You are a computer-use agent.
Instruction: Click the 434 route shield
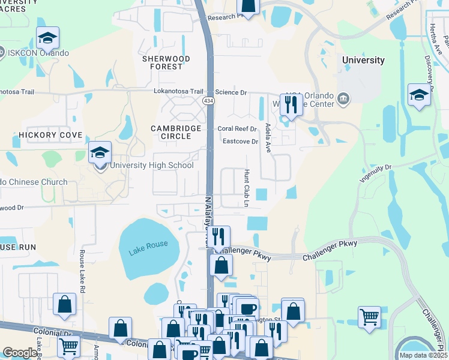pyautogui.click(x=208, y=100)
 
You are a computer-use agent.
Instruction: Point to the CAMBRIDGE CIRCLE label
pyautogui.click(x=171, y=132)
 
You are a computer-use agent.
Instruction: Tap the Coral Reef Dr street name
pyautogui.click(x=237, y=129)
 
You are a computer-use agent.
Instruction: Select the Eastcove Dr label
pyautogui.click(x=240, y=142)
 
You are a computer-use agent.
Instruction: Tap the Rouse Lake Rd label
pyautogui.click(x=82, y=267)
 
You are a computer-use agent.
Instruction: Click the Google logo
pyautogui.click(x=20, y=353)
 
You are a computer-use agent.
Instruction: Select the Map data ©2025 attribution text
pyautogui.click(x=423, y=355)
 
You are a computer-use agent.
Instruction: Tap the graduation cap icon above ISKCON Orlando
pyautogui.click(x=47, y=38)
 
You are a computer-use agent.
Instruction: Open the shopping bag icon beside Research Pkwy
pyautogui.click(x=248, y=7)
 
